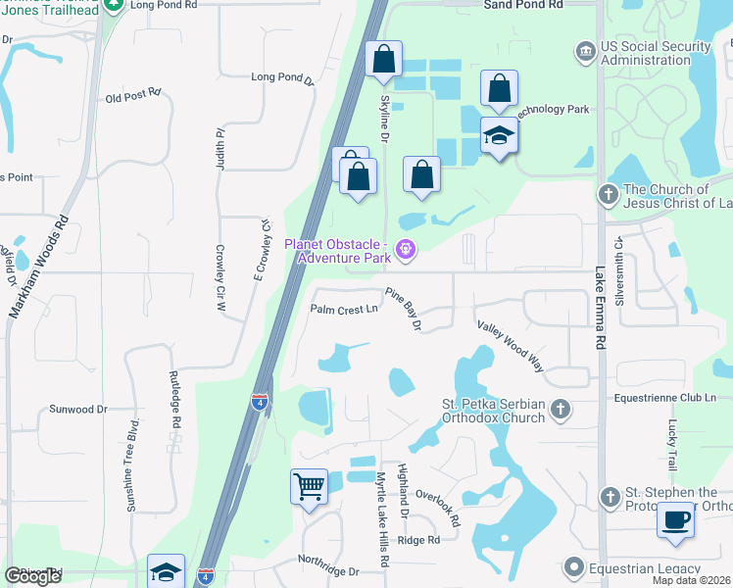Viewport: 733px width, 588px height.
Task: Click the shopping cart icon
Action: pos(309,486)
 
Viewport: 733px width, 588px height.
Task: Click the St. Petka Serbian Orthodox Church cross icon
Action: pos(561,409)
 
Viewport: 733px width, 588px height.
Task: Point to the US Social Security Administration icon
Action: pos(586,50)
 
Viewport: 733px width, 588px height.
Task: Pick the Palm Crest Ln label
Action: pos(344,310)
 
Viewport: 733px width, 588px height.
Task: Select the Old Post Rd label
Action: pos(132,96)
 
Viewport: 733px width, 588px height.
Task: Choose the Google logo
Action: pos(32,576)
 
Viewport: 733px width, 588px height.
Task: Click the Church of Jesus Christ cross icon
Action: pos(609,195)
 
